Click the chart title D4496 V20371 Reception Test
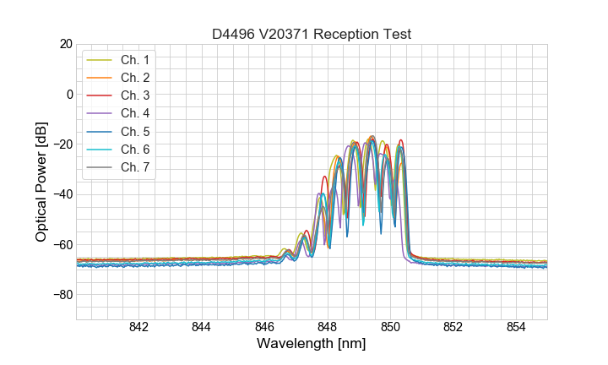(311, 34)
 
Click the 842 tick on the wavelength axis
(138, 328)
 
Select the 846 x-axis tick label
(264, 328)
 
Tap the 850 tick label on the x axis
(390, 328)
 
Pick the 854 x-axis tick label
(516, 328)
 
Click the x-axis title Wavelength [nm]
(311, 345)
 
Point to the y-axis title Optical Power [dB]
(41, 182)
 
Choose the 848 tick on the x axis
(328, 328)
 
